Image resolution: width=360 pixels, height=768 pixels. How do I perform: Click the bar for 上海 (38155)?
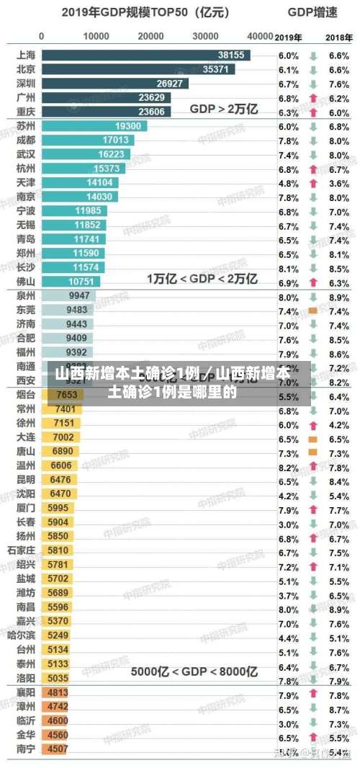(x=144, y=55)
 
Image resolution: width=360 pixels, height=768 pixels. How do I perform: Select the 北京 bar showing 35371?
(x=137, y=69)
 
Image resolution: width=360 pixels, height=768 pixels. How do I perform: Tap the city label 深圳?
(x=26, y=84)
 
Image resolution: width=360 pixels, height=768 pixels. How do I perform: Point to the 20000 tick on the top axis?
(x=150, y=36)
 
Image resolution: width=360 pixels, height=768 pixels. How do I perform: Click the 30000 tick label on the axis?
(x=206, y=36)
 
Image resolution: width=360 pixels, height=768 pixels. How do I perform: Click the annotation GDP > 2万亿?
(x=224, y=109)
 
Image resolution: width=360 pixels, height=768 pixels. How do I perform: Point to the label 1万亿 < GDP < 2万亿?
(x=202, y=278)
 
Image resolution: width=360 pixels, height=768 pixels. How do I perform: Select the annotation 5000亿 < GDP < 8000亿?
(x=194, y=671)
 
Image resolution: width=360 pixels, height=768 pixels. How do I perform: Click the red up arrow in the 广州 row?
(x=313, y=98)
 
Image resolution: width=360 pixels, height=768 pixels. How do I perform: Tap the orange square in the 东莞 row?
(x=312, y=311)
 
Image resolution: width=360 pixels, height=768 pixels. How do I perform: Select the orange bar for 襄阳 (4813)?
(x=58, y=692)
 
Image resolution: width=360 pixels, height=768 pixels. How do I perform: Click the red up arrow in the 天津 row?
(x=313, y=183)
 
